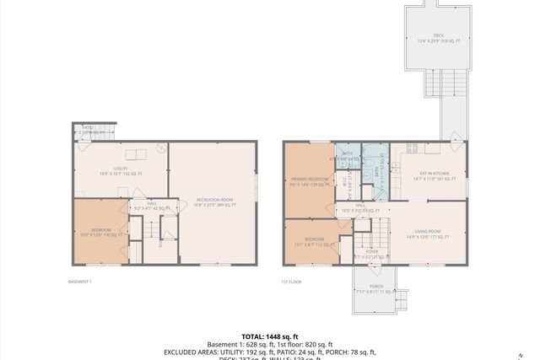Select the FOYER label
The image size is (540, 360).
coord(370,254)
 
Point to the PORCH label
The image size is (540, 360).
coord(375,288)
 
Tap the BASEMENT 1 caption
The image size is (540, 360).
coord(79,281)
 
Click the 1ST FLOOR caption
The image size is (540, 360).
coord(292,281)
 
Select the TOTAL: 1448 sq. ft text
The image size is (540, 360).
coord(270,336)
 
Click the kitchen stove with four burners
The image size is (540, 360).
coord(412,148)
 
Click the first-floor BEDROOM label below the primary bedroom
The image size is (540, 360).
coord(309,240)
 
